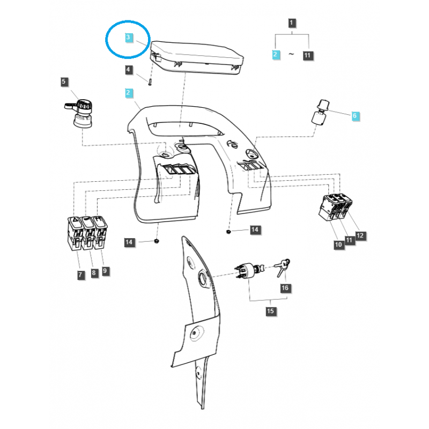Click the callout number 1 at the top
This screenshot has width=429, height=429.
[292, 23]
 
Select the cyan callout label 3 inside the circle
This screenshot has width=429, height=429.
[128, 38]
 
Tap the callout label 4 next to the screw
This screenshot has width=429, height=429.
[128, 70]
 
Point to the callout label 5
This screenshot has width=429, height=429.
[64, 82]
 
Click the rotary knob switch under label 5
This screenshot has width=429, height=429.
[82, 111]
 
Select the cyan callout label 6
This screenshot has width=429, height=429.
[354, 115]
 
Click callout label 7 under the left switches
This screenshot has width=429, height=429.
[80, 275]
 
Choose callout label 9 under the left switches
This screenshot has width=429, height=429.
[105, 271]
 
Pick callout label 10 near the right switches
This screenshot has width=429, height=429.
[338, 245]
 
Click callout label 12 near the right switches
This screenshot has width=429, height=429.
[360, 235]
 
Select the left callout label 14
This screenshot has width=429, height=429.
[129, 243]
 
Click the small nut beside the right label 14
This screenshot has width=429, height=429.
[228, 231]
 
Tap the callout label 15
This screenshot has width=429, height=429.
[270, 311]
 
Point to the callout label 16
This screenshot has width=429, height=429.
[285, 288]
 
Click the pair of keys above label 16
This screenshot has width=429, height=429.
[283, 266]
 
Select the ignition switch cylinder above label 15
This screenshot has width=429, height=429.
[248, 270]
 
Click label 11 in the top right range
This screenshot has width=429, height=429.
[308, 55]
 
